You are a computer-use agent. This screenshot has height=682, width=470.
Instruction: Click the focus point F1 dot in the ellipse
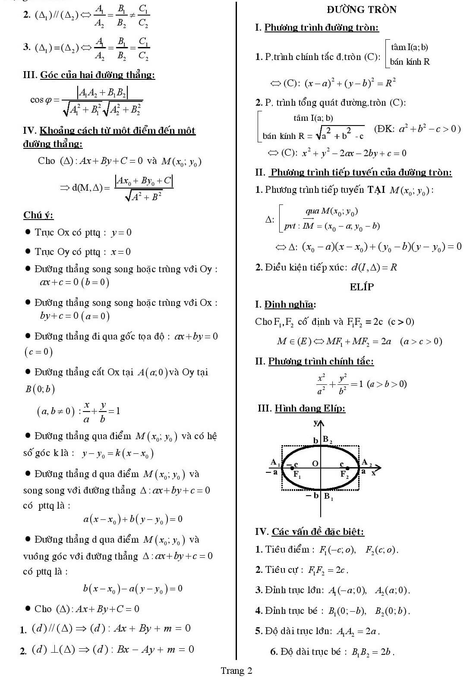(x=292, y=468)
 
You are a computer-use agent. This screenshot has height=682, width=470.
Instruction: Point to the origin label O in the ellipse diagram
(x=315, y=463)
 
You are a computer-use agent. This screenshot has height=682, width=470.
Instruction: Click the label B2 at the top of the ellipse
(x=328, y=440)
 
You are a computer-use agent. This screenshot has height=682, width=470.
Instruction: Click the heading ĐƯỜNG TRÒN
(x=362, y=9)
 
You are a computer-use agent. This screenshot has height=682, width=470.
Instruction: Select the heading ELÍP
(x=362, y=287)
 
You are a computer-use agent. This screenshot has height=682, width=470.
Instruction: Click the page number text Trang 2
(x=237, y=670)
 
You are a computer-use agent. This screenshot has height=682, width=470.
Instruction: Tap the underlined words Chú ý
(x=38, y=215)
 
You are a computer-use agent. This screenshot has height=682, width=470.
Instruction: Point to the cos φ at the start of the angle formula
(x=41, y=100)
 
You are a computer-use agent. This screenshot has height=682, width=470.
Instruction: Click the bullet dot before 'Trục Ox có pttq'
(x=28, y=232)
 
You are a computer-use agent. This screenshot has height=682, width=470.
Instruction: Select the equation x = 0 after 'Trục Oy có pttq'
(x=121, y=252)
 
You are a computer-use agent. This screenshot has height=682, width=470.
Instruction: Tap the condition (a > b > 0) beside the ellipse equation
(x=387, y=384)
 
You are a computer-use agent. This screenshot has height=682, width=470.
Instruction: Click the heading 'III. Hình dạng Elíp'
(x=301, y=408)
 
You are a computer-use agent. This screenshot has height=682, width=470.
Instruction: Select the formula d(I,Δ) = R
(x=374, y=267)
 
